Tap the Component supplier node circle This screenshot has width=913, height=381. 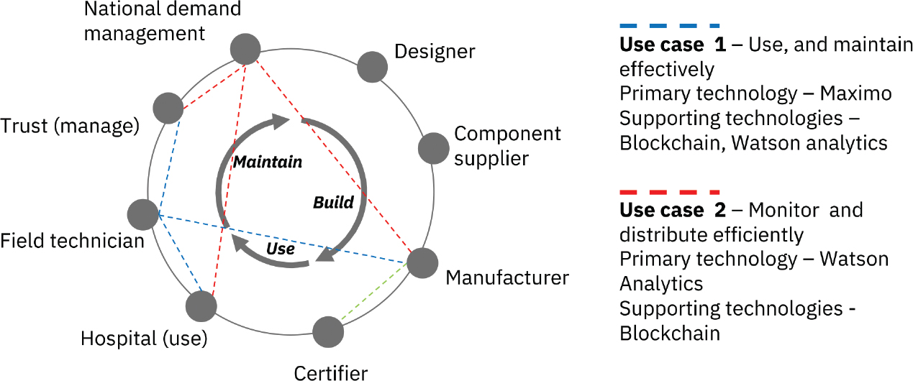433,148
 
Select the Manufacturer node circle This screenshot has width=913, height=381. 422,263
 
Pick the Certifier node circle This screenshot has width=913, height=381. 328,331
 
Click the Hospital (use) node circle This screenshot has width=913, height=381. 201,306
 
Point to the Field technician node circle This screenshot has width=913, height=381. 142,214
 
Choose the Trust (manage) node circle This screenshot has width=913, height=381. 168,108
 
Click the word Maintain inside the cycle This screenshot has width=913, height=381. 267,162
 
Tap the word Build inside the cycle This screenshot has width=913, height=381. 333,202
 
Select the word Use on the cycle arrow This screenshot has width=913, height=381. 280,249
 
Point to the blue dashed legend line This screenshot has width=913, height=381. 669,26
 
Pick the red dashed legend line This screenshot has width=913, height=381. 669,192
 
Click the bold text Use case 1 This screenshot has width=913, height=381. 673,45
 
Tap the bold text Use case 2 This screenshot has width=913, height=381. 673,211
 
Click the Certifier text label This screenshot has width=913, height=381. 331,372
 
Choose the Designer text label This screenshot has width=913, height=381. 435,52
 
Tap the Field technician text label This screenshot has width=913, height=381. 72,240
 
